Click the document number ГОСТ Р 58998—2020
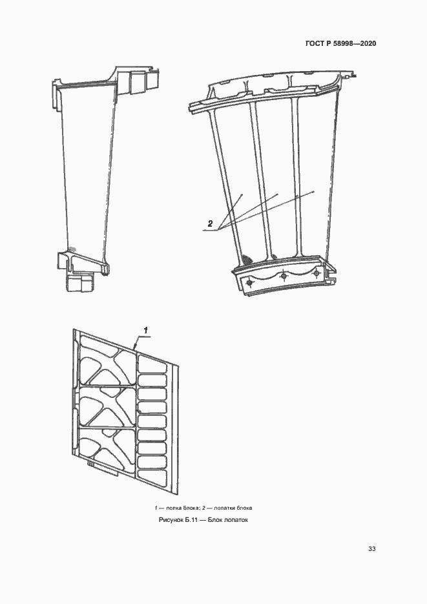pyautogui.click(x=340, y=43)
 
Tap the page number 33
pyautogui.click(x=371, y=548)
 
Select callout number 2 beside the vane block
pyautogui.click(x=210, y=224)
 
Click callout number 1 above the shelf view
pyautogui.click(x=146, y=330)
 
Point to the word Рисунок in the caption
pyautogui.click(x=171, y=520)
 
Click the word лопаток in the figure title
pyautogui.click(x=237, y=520)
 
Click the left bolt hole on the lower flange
pyautogui.click(x=249, y=283)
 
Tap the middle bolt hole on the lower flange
pyautogui.click(x=284, y=276)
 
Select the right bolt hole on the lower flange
pyautogui.click(x=317, y=273)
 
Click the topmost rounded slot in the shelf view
pyautogui.click(x=152, y=364)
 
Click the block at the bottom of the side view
pyautogui.click(x=79, y=282)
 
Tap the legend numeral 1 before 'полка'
pyautogui.click(x=156, y=508)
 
